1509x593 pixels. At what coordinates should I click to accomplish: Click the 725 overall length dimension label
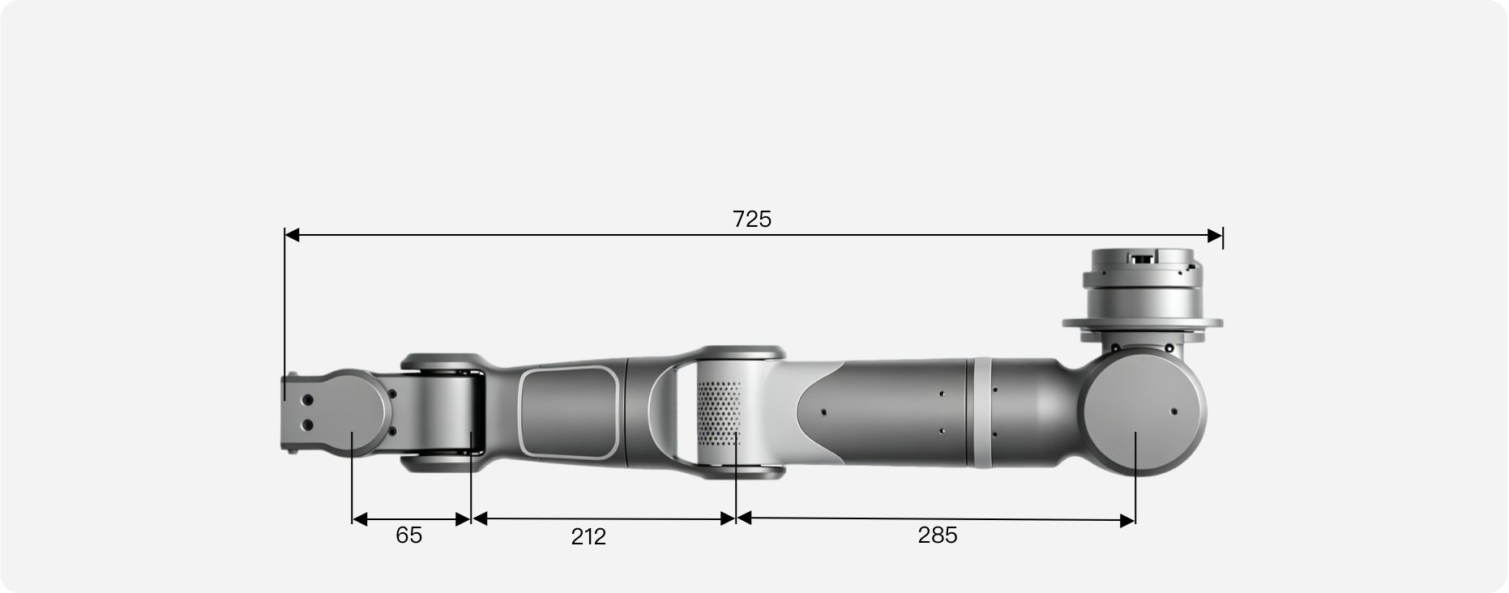(752, 220)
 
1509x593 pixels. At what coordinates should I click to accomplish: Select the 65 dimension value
(408, 535)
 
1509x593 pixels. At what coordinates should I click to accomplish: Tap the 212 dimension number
(588, 536)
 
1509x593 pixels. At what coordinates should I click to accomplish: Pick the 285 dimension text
(938, 535)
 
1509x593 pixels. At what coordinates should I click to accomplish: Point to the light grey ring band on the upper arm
(981, 412)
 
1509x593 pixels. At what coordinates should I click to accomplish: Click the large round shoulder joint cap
(1142, 414)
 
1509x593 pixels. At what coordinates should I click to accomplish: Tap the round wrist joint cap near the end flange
(353, 413)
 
